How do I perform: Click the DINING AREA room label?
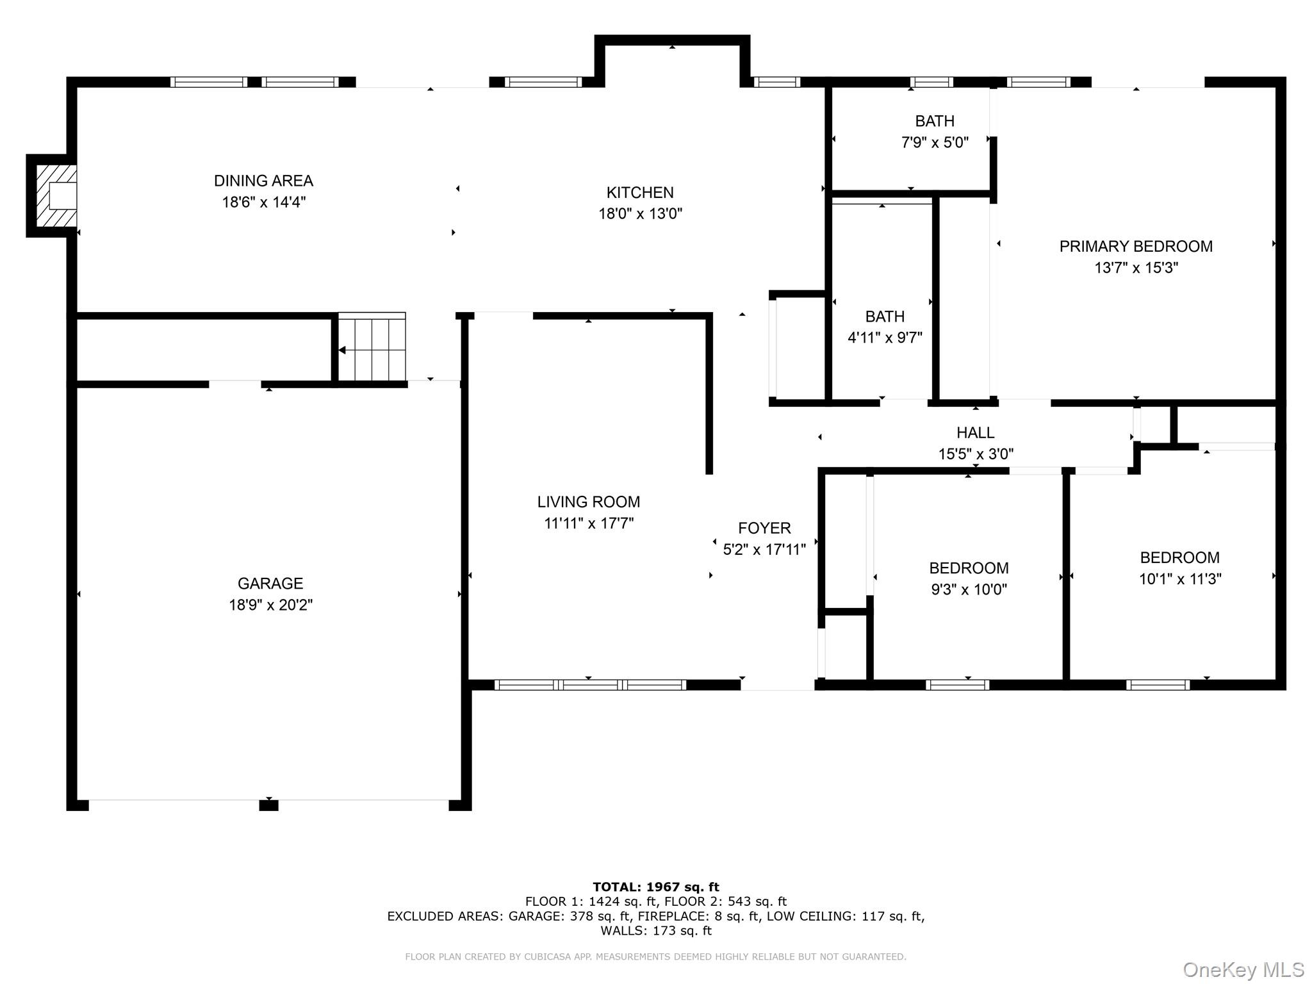point(263,181)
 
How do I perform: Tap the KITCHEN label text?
point(639,192)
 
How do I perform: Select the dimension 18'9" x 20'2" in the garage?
point(270,605)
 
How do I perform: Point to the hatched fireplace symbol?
point(56,196)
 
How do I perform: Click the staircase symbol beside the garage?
point(372,349)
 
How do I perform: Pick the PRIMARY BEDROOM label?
point(1135,247)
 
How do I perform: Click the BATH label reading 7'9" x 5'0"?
point(934,131)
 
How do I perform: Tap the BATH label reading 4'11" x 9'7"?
point(885,327)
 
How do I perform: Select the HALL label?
point(975,433)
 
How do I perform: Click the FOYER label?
point(764,529)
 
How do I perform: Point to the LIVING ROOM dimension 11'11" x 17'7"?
point(588,523)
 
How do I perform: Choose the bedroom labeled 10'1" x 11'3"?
point(1179,568)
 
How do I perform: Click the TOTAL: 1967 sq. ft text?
point(655,887)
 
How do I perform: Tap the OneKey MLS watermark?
point(1243,970)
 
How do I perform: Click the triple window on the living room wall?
point(589,685)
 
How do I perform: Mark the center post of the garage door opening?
point(268,805)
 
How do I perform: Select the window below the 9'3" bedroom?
point(957,685)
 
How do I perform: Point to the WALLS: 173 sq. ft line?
point(655,931)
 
